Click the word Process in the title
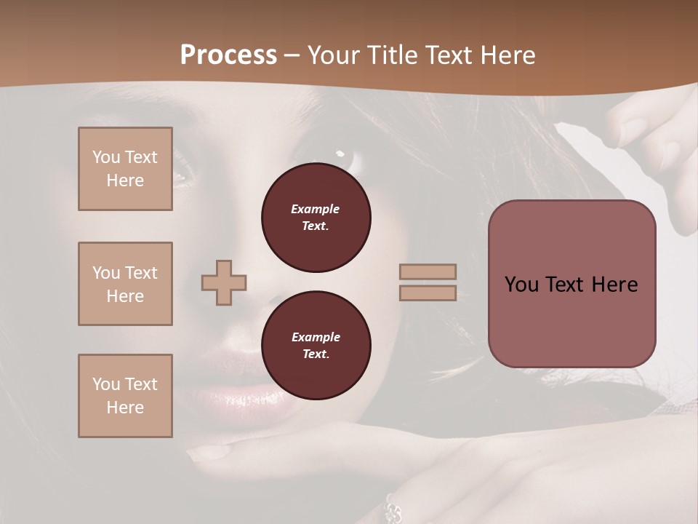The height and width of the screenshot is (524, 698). [x=228, y=55]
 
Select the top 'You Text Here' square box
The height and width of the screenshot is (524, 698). [x=125, y=169]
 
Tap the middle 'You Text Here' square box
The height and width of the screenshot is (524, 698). [x=125, y=284]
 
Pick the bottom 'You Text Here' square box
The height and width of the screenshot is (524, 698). [x=125, y=396]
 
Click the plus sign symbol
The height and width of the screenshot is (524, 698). [x=224, y=282]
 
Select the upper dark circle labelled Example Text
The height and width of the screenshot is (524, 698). [x=316, y=218]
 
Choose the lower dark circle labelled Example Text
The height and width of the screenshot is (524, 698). [x=316, y=346]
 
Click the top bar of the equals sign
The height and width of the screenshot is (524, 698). [x=428, y=271]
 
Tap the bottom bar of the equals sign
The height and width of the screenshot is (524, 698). [x=428, y=293]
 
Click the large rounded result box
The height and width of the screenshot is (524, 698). [x=571, y=284]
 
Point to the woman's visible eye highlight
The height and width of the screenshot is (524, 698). [x=340, y=154]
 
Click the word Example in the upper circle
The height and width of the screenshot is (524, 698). [x=316, y=209]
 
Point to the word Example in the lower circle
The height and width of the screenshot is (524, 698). [x=316, y=337]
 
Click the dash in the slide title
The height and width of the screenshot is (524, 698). [x=292, y=55]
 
